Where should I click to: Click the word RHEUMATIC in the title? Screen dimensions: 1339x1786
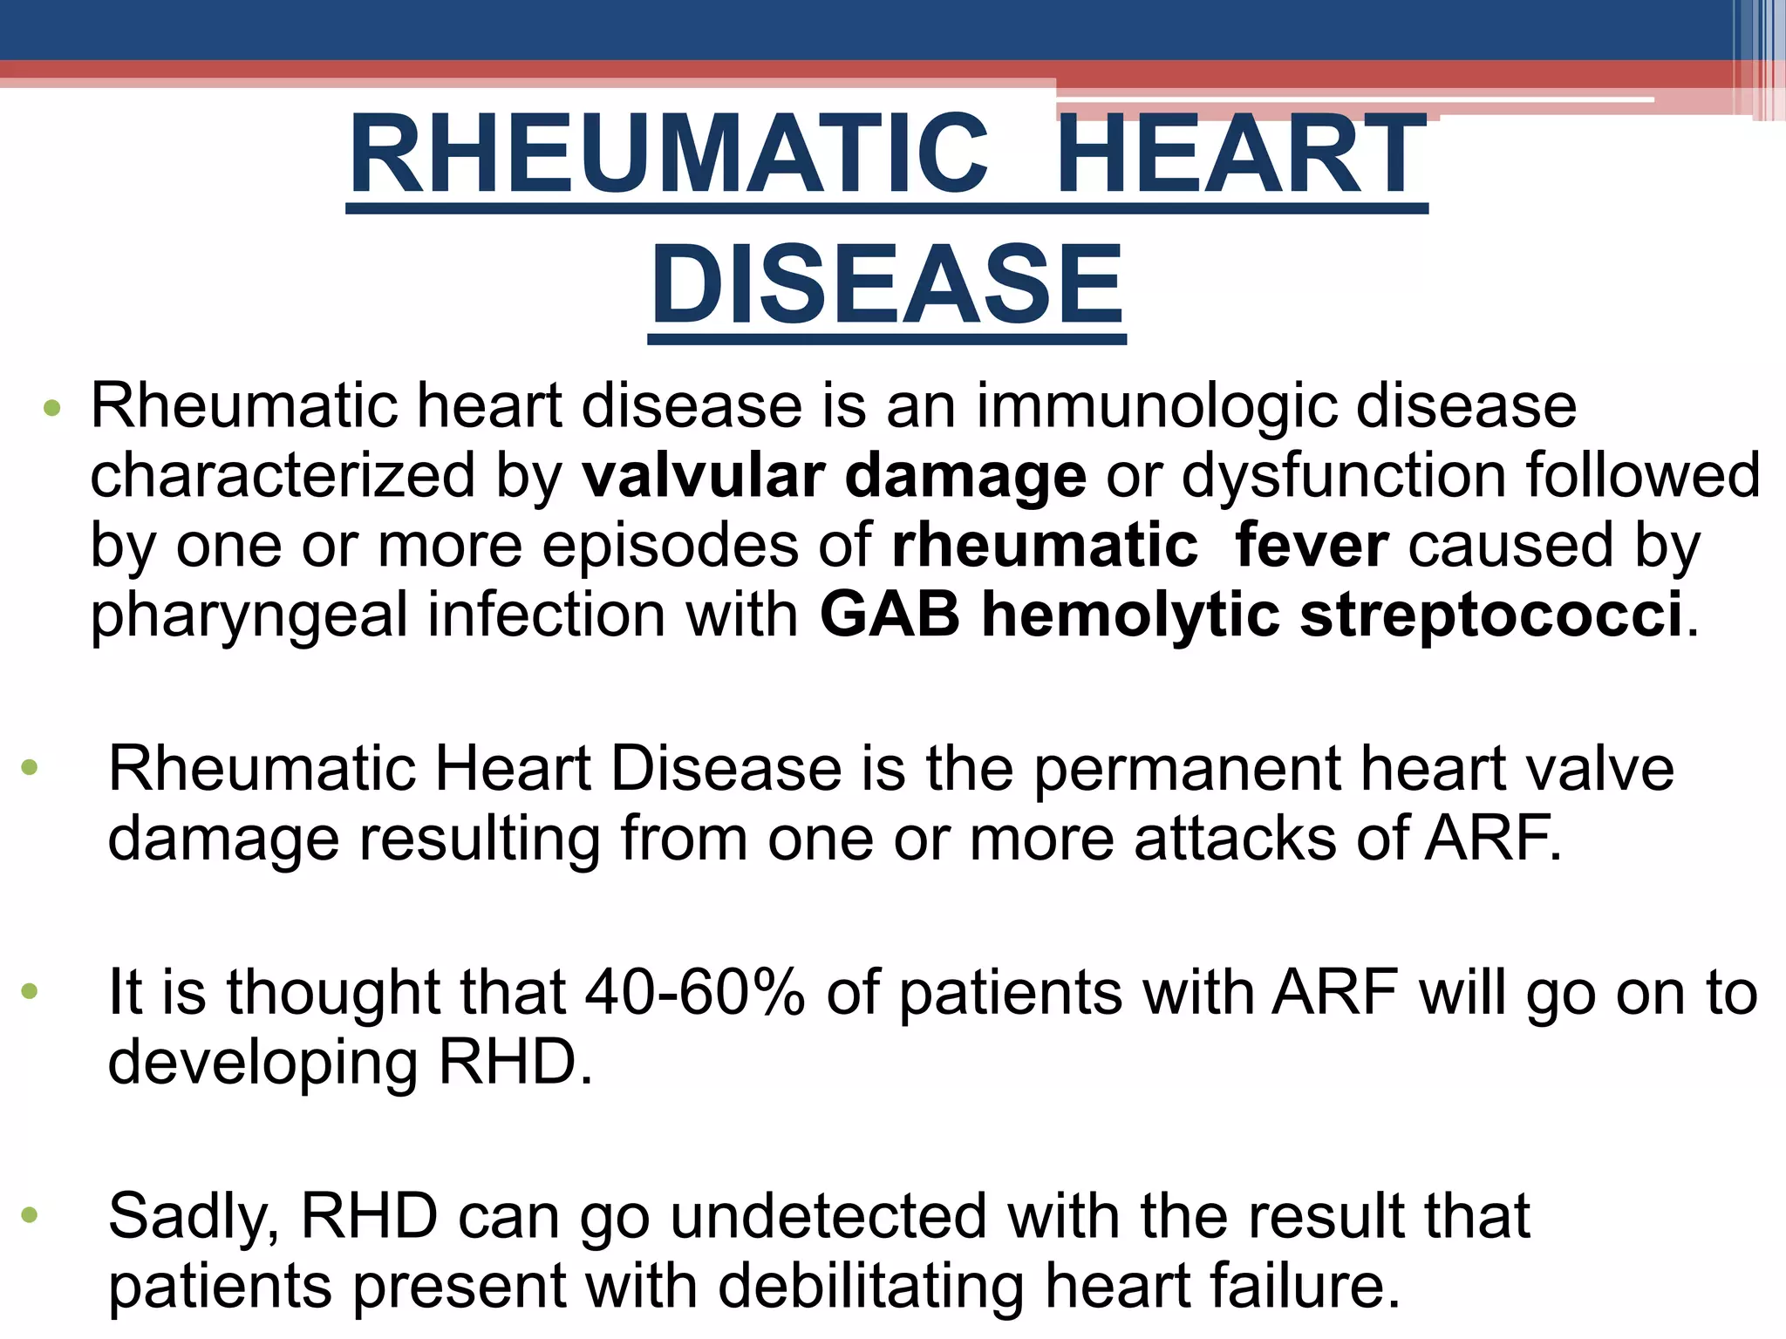click(668, 155)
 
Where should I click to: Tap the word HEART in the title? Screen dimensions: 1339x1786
click(1244, 155)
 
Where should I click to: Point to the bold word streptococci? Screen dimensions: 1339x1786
click(1491, 615)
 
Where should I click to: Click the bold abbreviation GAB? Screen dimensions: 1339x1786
click(890, 615)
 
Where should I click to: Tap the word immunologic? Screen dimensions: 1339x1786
click(1156, 408)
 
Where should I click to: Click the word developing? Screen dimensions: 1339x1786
click(262, 1064)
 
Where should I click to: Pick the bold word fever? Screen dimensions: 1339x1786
click(1312, 546)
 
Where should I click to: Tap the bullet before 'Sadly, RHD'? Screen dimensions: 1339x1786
click(31, 1214)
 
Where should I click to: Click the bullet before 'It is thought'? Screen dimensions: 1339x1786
click(31, 991)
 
